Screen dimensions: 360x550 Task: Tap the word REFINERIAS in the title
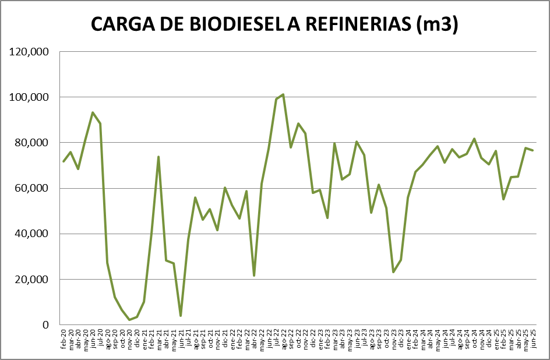(354, 24)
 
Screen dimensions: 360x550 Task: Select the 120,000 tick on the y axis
(29, 52)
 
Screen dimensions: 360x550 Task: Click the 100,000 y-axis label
(29, 97)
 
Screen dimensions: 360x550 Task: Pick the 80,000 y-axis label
(31, 143)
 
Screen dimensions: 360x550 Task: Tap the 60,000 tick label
(31, 188)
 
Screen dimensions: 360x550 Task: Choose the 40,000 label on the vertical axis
(31, 234)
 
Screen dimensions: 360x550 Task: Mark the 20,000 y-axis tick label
(31, 279)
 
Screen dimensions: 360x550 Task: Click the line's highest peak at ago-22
(283, 94)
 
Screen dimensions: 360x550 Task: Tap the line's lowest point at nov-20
(129, 320)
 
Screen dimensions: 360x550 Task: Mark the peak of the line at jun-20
(93, 112)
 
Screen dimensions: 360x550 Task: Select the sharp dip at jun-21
(181, 316)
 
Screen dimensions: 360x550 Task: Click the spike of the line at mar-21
(158, 157)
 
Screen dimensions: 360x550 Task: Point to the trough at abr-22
(254, 276)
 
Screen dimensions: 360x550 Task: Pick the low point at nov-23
(393, 272)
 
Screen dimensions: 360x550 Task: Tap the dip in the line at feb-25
(503, 199)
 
